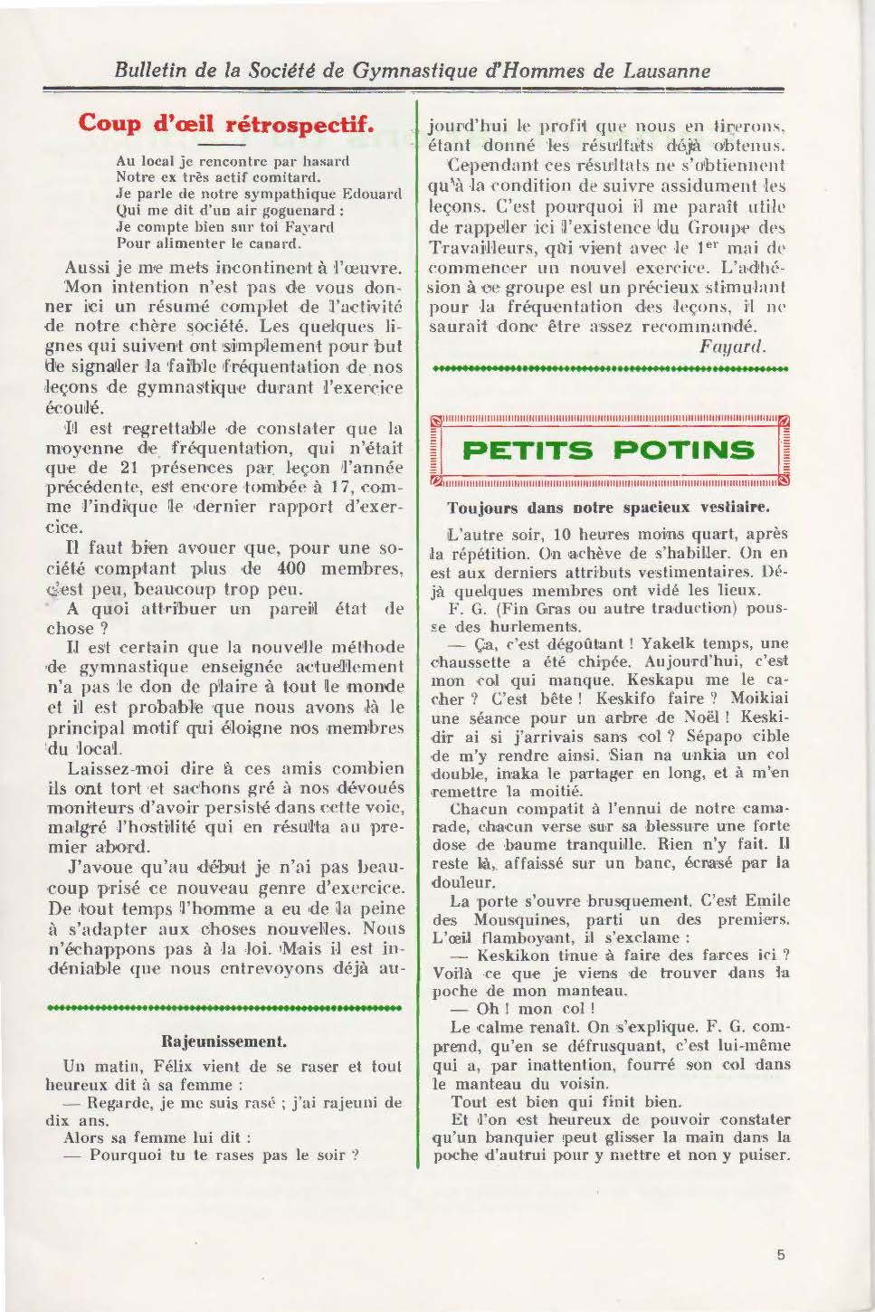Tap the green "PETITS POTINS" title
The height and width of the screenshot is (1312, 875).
click(607, 450)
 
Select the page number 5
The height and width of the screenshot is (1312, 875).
click(780, 1254)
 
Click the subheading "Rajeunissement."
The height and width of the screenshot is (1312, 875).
click(224, 1040)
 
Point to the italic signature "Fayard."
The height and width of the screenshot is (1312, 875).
click(732, 346)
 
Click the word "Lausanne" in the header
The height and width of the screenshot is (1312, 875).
click(663, 71)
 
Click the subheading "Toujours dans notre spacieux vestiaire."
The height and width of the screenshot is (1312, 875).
click(608, 508)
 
